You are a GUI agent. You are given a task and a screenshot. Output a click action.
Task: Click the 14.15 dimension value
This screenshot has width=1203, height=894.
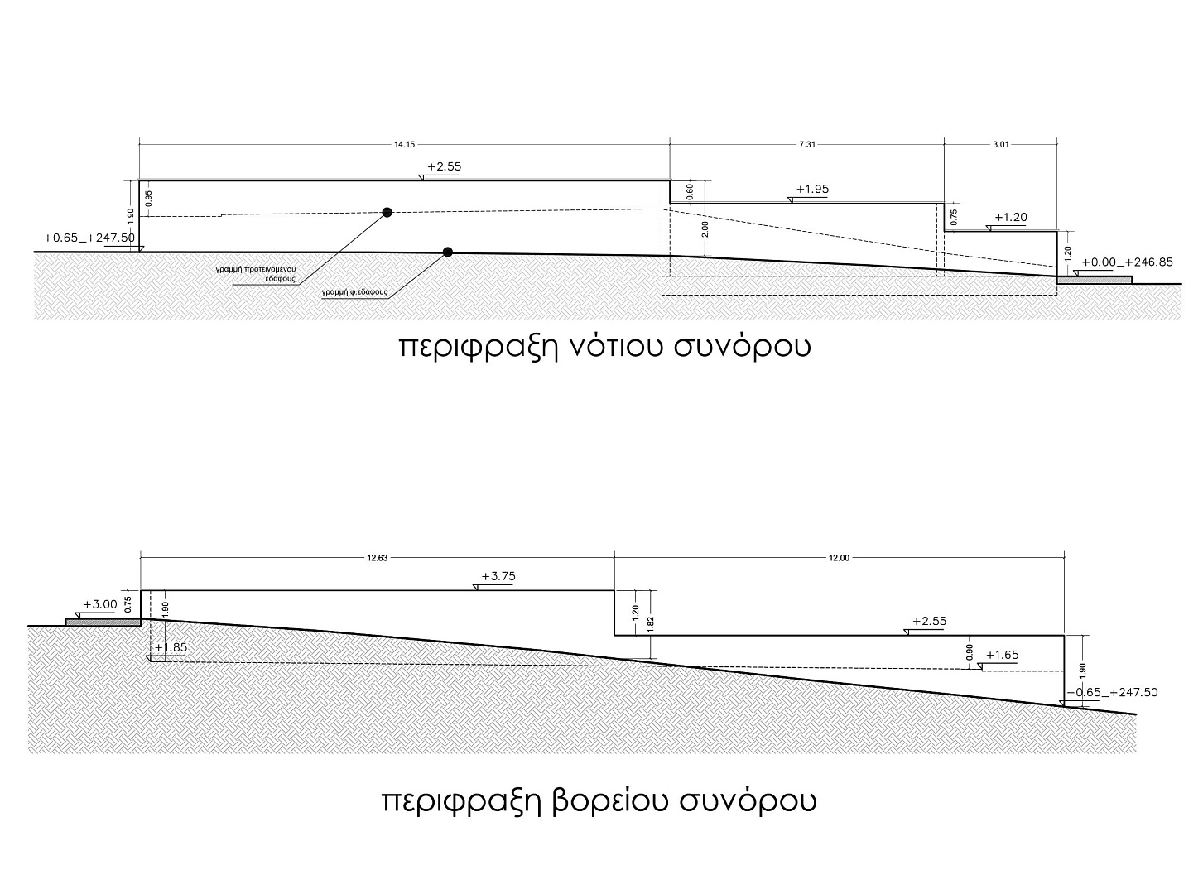(x=404, y=144)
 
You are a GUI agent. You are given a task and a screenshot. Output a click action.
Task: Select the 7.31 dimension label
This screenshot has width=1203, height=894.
(x=807, y=144)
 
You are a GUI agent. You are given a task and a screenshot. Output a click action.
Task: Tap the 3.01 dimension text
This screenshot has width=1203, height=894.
(x=1001, y=144)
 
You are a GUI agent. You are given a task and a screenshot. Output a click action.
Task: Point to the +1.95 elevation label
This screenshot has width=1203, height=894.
(x=812, y=190)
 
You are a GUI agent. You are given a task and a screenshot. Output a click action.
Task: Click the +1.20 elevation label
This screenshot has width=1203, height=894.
(x=1011, y=217)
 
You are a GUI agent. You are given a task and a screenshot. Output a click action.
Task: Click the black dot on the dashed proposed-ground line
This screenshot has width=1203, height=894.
(x=387, y=212)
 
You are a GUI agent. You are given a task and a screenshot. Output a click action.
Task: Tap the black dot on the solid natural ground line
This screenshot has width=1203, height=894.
(x=447, y=252)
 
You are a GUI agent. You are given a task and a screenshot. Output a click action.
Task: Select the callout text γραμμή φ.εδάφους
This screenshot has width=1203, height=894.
(x=354, y=292)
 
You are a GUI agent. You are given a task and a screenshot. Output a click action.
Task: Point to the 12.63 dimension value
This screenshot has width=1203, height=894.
(x=377, y=558)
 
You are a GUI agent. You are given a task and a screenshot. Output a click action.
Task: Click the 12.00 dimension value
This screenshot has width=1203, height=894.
(x=839, y=558)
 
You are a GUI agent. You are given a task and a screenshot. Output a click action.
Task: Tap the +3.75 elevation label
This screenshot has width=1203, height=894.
(x=498, y=576)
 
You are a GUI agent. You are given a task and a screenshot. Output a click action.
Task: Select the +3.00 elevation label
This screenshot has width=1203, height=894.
(x=100, y=604)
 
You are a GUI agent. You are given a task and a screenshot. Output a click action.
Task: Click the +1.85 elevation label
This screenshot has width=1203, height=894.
(x=171, y=647)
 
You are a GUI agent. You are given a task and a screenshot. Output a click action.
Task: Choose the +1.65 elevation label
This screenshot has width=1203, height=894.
(x=1003, y=655)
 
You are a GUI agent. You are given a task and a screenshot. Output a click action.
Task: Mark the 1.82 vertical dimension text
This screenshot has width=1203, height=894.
(x=651, y=623)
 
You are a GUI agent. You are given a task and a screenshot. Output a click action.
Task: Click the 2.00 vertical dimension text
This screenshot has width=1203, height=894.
(x=705, y=229)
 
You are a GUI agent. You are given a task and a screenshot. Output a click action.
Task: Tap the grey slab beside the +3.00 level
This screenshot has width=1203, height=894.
(x=103, y=622)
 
